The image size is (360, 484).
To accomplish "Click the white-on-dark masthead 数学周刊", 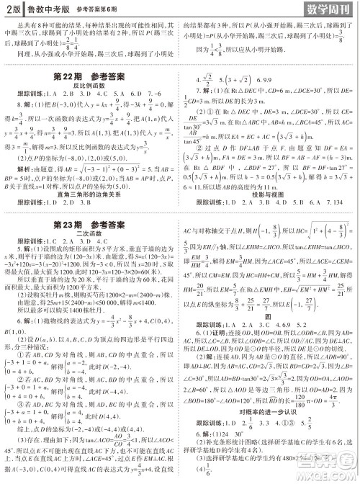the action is coord(323,9).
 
